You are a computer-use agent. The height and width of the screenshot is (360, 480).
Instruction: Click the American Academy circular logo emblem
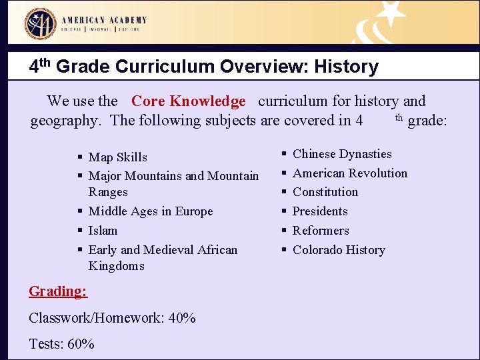click(x=41, y=23)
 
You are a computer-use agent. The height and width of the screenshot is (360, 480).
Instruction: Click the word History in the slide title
click(x=346, y=67)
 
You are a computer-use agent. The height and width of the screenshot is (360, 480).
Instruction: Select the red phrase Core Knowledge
click(x=189, y=101)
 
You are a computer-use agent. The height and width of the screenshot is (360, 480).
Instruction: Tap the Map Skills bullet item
click(x=117, y=157)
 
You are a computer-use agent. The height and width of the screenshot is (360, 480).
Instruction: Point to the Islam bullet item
click(x=103, y=231)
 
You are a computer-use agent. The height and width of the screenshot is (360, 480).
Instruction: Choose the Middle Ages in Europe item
click(x=151, y=211)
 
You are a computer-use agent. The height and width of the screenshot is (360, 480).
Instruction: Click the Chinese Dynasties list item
click(x=342, y=154)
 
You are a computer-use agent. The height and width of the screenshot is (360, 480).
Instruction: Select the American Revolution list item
click(x=350, y=173)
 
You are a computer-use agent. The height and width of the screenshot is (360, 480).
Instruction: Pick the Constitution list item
click(x=325, y=192)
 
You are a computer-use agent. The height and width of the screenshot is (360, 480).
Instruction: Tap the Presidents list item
click(x=320, y=211)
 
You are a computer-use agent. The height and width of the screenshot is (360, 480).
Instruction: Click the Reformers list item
click(x=321, y=231)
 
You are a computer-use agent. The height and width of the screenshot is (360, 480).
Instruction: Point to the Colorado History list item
click(x=339, y=250)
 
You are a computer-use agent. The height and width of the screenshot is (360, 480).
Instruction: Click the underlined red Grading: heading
click(x=58, y=291)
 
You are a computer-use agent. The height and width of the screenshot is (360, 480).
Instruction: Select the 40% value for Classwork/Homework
click(x=182, y=318)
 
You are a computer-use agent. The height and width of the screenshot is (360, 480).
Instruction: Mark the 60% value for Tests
click(x=80, y=344)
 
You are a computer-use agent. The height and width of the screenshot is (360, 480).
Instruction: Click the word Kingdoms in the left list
click(x=116, y=266)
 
